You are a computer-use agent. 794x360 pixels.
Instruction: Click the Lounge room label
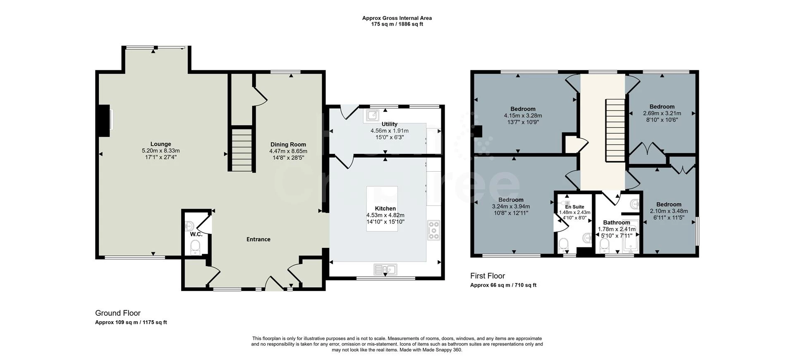[x=160, y=144]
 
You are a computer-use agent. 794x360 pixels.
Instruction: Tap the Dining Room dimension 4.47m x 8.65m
[x=288, y=151]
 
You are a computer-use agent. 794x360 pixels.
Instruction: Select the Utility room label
[x=389, y=124]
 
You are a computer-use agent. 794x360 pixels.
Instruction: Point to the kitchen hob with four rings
[x=434, y=230]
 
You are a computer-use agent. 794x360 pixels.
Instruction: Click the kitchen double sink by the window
[x=385, y=270]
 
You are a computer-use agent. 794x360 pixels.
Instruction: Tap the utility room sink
[x=372, y=115]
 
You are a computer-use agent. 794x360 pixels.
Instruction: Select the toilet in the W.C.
[x=195, y=247]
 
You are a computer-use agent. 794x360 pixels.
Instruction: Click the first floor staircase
[x=615, y=130]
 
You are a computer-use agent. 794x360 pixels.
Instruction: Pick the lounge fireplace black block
[x=104, y=120]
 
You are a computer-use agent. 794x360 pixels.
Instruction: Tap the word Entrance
[x=258, y=239]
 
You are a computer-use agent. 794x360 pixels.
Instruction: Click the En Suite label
[x=574, y=207]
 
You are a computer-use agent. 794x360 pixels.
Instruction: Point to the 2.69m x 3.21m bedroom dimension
[x=662, y=113]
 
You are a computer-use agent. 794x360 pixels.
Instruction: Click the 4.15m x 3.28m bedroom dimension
[x=523, y=116]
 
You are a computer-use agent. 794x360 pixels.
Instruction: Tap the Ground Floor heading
[x=118, y=313]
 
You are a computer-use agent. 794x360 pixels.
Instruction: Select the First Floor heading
[x=488, y=276]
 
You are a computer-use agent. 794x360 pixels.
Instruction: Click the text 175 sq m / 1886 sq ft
[x=397, y=24]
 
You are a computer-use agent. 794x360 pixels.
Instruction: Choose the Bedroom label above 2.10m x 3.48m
[x=669, y=204]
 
